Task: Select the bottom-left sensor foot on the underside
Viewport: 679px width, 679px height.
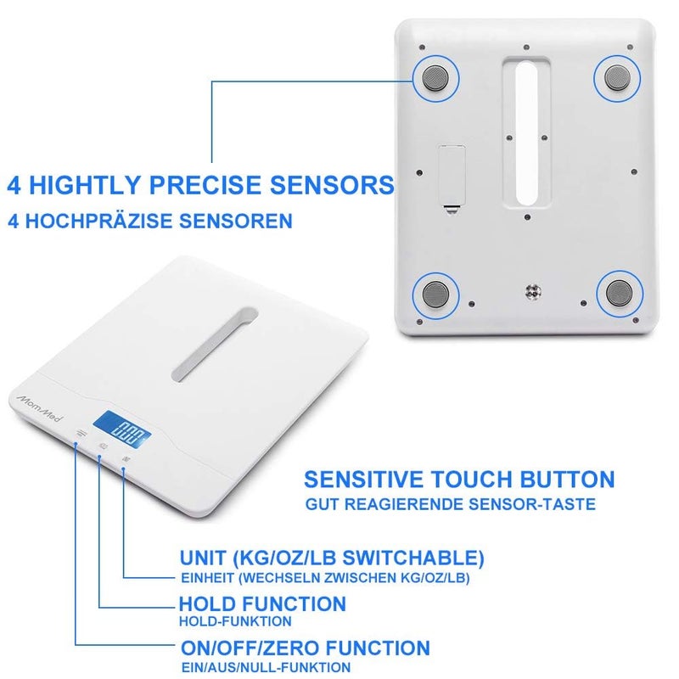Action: pos(435,295)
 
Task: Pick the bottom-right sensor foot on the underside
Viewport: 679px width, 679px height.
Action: pos(617,295)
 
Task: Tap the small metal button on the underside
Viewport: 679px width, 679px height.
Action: pos(533,292)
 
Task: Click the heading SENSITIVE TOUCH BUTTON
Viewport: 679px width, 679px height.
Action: pos(459,479)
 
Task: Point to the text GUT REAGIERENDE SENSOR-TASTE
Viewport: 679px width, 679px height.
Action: pos(451,504)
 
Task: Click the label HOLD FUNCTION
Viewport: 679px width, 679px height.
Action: pos(262,604)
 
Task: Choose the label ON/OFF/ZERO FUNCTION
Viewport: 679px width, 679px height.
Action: pos(305,648)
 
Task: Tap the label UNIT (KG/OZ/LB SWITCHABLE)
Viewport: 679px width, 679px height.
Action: pos(332,558)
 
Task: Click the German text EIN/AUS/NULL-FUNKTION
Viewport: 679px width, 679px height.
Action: pos(265,668)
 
